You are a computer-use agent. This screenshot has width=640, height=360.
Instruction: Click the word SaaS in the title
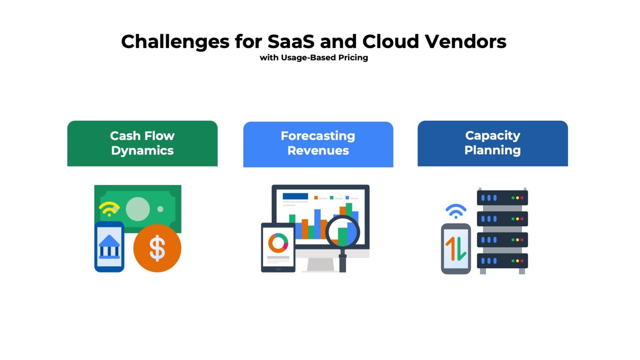point(291,42)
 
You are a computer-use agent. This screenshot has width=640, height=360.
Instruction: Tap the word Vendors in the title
point(465,42)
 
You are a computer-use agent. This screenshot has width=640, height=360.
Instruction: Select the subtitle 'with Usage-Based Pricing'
point(314,57)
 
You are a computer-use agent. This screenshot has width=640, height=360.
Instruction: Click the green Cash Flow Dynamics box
point(142,143)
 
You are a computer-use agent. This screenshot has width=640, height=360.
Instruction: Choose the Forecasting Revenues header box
point(318,144)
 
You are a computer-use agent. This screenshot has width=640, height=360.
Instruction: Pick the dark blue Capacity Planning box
point(492,143)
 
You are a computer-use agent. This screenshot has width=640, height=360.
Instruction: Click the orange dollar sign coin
point(157,248)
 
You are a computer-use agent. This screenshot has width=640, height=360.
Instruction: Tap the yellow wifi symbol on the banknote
point(109,209)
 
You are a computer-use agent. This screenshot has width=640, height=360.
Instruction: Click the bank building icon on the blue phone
point(109,246)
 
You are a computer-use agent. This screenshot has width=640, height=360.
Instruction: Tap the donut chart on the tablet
point(278,243)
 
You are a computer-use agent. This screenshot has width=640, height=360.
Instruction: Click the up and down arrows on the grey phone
point(455,249)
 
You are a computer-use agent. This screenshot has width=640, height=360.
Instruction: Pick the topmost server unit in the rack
point(502,198)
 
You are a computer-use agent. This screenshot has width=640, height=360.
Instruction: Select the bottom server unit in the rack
point(502,261)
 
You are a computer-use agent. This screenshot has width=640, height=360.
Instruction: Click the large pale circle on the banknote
point(137,209)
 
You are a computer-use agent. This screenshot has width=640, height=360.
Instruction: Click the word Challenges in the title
point(175,42)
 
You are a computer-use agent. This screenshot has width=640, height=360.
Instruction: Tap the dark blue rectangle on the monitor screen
point(295,196)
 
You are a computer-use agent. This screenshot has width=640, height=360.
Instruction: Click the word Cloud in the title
point(390,42)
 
